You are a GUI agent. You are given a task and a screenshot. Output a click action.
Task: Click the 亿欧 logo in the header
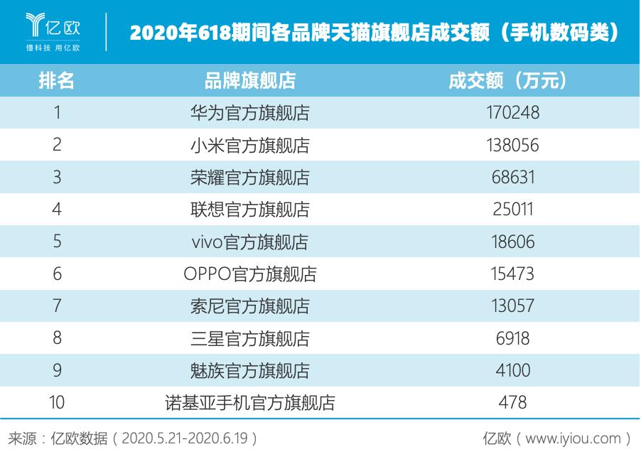(x=53, y=31)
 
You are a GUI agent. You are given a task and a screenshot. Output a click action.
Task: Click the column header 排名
(x=57, y=80)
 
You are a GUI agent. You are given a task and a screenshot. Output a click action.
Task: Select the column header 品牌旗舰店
(x=250, y=80)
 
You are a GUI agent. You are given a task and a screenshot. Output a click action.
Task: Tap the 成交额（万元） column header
(x=508, y=80)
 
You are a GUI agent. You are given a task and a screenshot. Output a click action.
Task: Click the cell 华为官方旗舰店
(x=250, y=112)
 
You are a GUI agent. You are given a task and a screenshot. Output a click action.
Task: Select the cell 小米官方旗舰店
(x=250, y=145)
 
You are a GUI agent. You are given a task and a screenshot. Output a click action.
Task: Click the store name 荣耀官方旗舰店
(x=250, y=177)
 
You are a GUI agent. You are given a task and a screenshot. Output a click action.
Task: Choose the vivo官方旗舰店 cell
(x=250, y=242)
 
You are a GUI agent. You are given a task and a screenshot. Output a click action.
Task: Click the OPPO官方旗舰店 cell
(x=250, y=274)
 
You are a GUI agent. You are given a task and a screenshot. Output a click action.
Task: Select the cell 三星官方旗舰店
(x=250, y=338)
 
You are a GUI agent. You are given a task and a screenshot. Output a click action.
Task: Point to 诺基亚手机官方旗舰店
(x=250, y=403)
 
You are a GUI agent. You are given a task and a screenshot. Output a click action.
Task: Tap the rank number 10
(x=57, y=403)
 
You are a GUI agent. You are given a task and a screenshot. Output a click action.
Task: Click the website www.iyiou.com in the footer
(x=573, y=438)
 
